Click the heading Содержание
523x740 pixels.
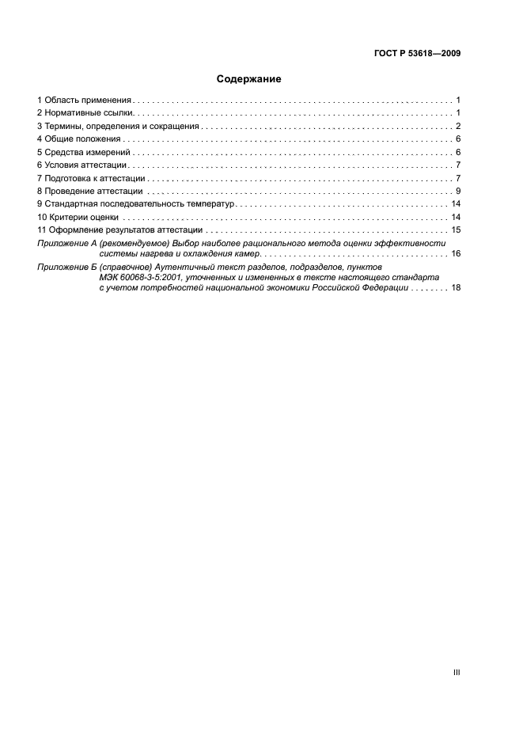point(249,79)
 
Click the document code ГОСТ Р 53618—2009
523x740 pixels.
point(417,54)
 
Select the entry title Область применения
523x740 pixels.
point(88,101)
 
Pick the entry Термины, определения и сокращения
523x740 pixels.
point(121,127)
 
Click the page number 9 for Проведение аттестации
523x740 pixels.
point(458,191)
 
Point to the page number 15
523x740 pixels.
point(456,230)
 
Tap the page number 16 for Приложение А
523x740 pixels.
point(456,254)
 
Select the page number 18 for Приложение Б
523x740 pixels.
point(456,290)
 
